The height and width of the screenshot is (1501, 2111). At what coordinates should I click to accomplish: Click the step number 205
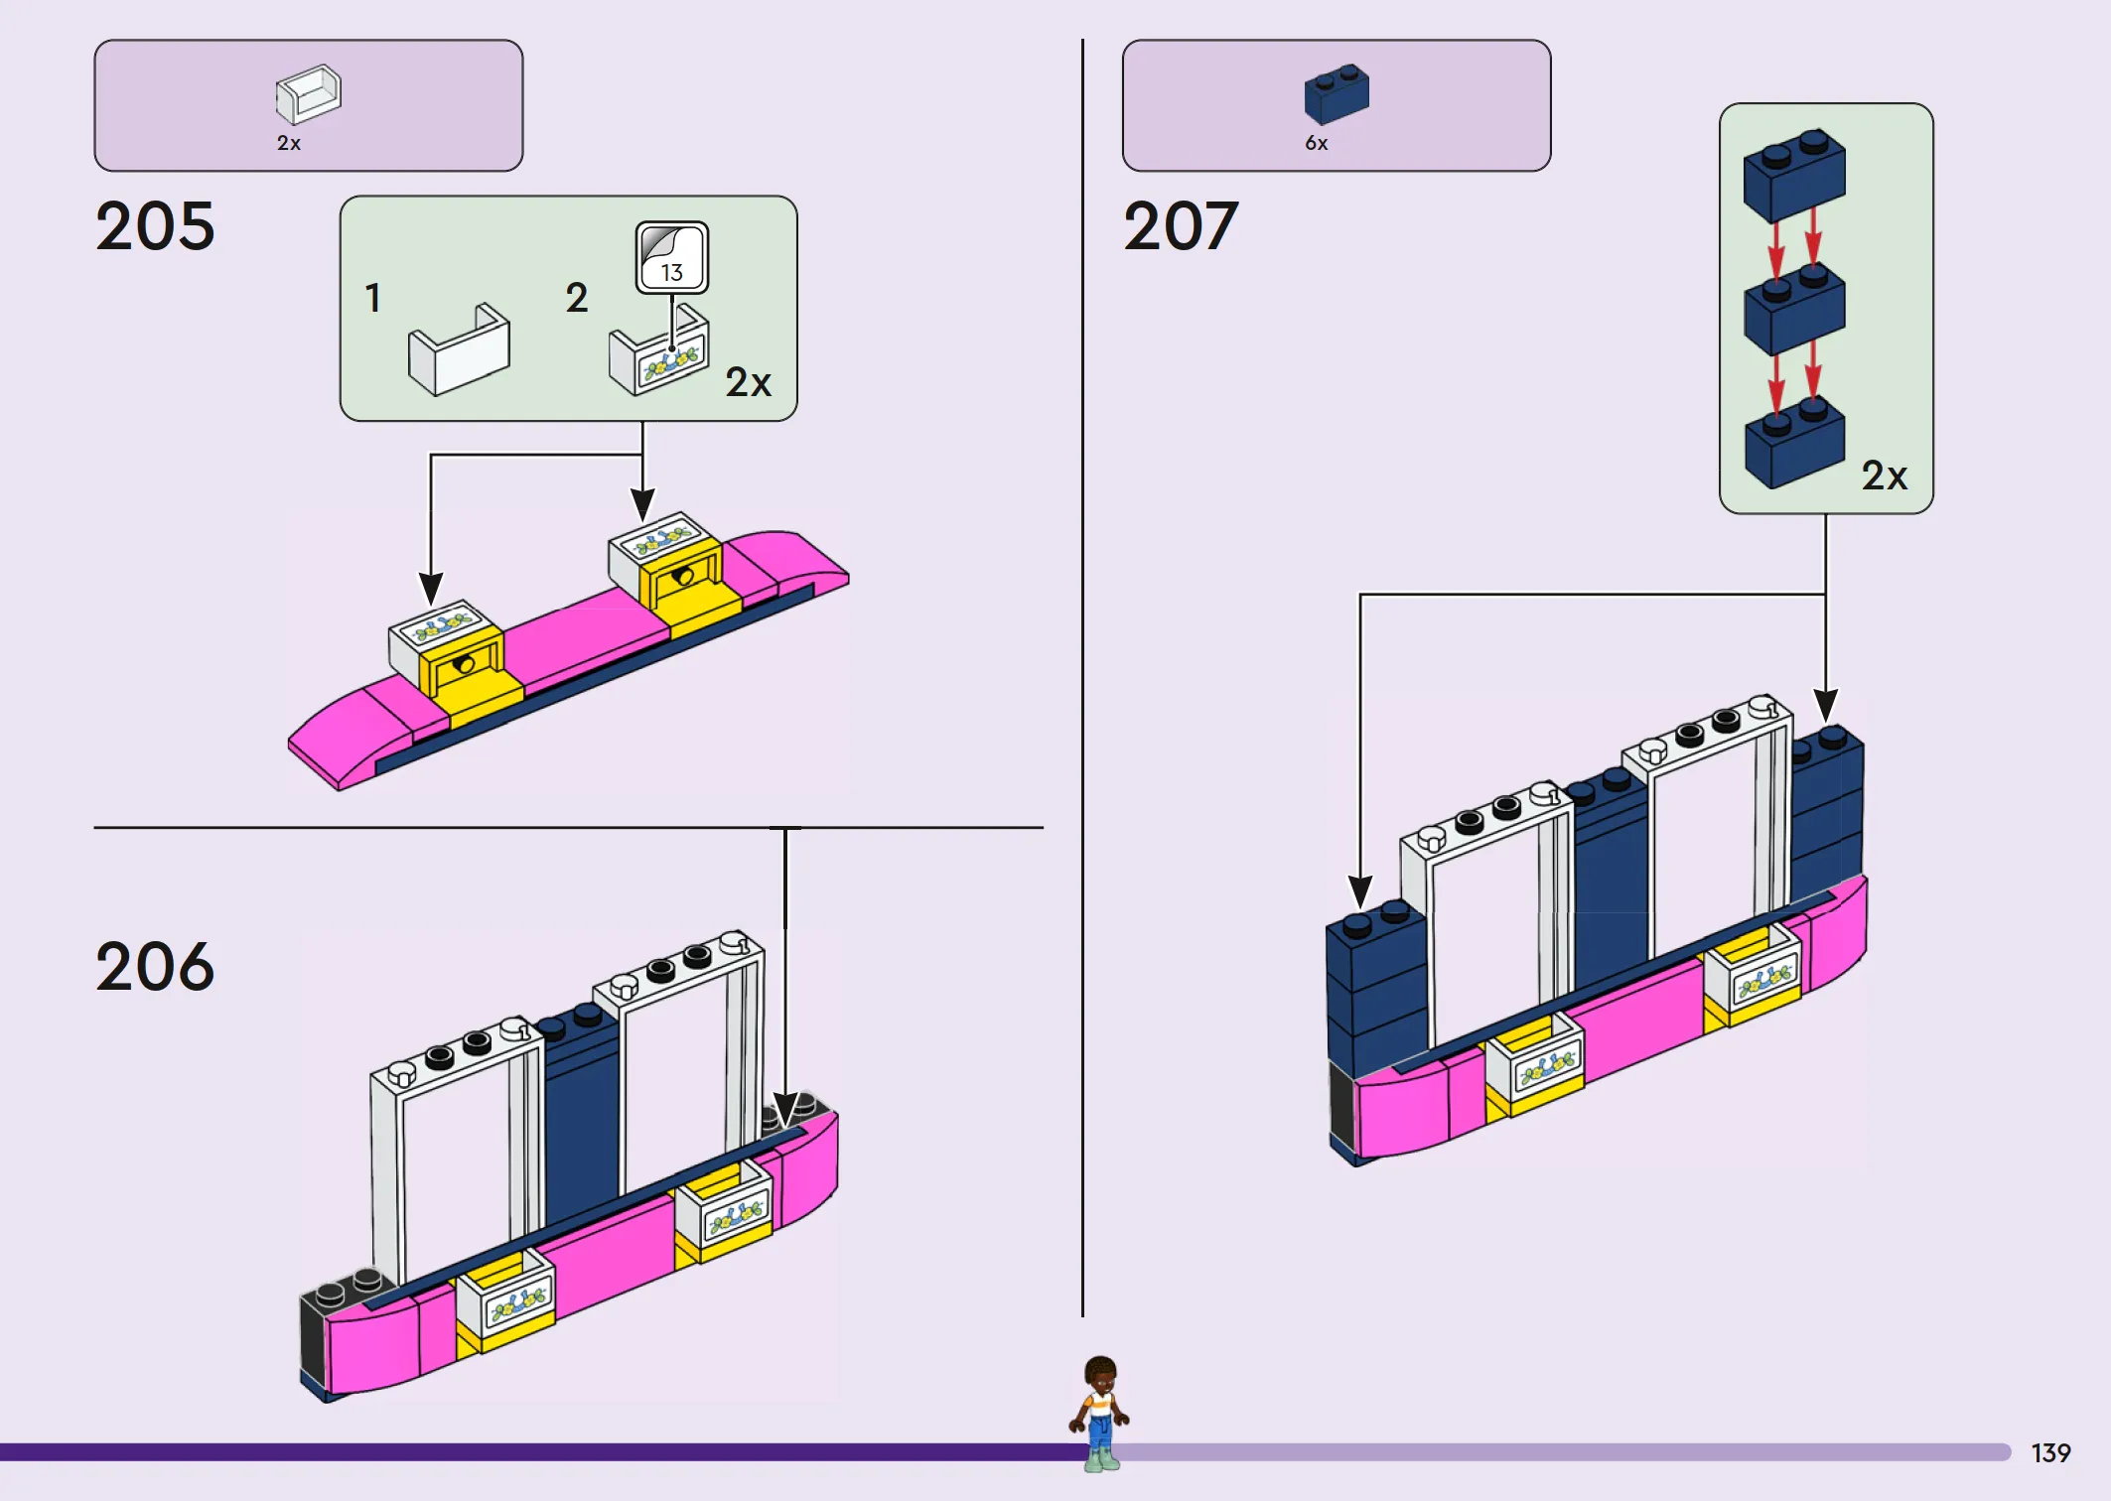coord(155,226)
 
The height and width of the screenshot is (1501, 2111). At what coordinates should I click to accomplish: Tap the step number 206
coord(155,967)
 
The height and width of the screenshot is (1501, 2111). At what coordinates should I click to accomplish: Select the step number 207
coord(1181,226)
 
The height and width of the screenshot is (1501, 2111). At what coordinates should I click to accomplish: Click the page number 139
coord(2050,1453)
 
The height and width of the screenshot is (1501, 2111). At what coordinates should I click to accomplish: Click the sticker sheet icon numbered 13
coord(672,257)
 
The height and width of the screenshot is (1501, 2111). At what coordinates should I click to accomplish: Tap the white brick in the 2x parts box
coord(308,94)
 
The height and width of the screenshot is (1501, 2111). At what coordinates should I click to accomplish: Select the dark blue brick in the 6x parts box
coord(1337,94)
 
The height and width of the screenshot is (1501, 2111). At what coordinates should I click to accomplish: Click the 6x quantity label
coord(1317,144)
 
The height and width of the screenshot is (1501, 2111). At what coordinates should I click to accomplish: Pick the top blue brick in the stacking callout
coord(1794,176)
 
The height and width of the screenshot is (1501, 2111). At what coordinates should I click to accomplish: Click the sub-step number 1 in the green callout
coord(373,298)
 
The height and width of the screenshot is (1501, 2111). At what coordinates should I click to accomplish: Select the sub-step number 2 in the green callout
coord(577,298)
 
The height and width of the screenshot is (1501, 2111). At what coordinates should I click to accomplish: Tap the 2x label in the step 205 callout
coord(748,383)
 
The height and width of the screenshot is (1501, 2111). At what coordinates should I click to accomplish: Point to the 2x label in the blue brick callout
coord(1884,476)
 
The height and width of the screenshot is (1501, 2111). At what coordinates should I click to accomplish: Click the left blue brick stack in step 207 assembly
coord(1375,993)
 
